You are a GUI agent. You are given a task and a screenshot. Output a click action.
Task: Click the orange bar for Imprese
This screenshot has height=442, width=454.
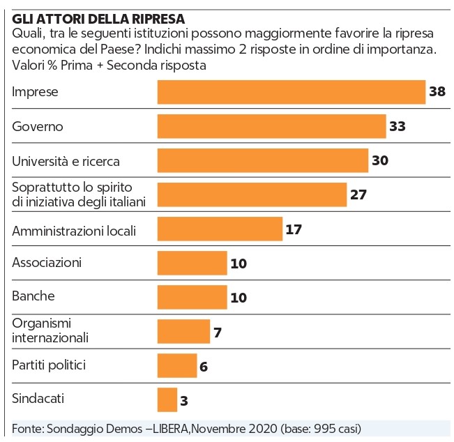click(x=292, y=92)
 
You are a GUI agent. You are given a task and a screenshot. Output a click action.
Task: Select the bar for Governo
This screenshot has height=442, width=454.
click(x=271, y=126)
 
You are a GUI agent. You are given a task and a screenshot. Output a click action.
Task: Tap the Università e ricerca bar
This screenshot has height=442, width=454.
click(x=263, y=160)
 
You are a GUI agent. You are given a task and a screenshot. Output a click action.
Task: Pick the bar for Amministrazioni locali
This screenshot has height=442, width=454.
click(x=220, y=229)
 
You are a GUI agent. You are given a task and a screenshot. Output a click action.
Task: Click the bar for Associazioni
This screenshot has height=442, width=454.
click(x=192, y=263)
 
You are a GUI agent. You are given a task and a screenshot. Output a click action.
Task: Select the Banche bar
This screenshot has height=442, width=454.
click(x=192, y=297)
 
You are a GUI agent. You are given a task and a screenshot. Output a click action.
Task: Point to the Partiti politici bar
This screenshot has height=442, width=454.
click(x=177, y=365)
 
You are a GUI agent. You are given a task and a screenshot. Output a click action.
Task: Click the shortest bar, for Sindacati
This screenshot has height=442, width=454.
click(x=167, y=399)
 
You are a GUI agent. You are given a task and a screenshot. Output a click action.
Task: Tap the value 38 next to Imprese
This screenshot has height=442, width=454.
click(x=437, y=92)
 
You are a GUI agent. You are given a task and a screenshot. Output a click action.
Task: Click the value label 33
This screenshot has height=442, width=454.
click(x=398, y=127)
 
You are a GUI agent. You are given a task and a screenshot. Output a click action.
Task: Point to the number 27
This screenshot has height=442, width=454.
click(x=358, y=195)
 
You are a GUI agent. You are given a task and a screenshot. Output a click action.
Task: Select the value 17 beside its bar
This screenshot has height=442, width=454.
click(x=294, y=229)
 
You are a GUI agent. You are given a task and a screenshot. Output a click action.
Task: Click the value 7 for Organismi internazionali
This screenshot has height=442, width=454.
click(x=218, y=332)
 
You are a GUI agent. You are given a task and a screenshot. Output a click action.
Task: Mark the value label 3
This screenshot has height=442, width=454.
click(x=185, y=401)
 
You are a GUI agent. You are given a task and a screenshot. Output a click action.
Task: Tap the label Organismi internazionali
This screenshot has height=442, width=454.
click(x=51, y=330)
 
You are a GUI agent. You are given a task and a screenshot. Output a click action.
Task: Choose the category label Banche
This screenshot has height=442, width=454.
click(x=33, y=296)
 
